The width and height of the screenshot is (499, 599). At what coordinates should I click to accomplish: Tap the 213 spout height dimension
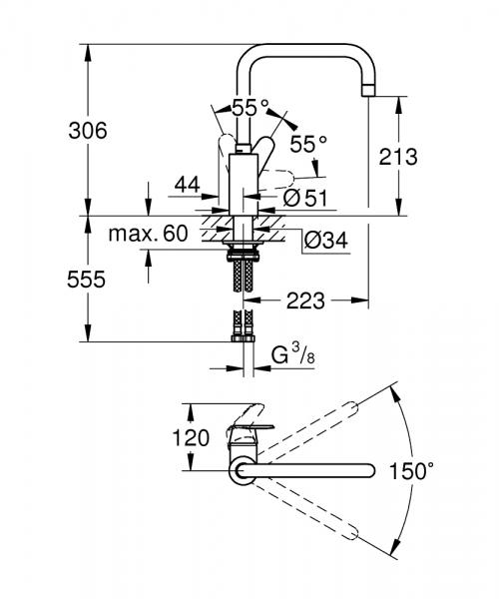(398, 157)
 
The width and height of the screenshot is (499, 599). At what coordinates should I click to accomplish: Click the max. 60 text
(149, 234)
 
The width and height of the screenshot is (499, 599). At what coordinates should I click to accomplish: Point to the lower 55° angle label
(308, 143)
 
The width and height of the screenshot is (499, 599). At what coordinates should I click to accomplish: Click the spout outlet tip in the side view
(370, 90)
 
